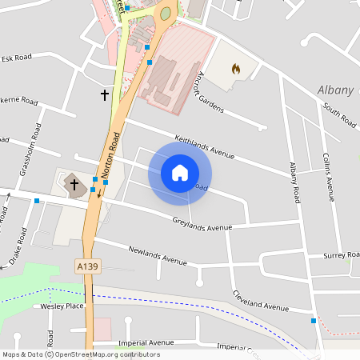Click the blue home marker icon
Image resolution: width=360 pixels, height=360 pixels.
180,172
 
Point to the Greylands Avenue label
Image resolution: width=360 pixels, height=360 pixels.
202,223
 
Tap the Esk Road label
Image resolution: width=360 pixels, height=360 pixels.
16,58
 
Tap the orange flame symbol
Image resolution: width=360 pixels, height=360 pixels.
235,70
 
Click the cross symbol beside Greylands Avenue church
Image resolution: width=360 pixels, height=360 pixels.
74,184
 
